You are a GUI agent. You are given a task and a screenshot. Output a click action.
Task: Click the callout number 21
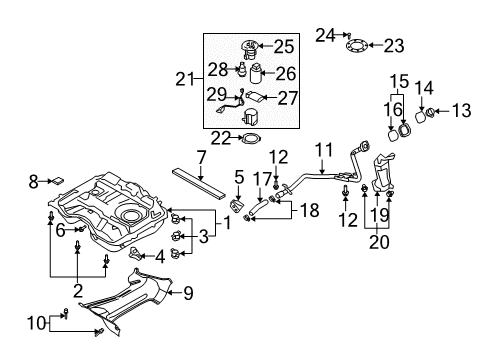(185, 79)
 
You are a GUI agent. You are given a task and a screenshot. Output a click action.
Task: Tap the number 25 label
(284, 47)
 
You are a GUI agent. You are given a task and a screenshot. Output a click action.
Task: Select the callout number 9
(188, 293)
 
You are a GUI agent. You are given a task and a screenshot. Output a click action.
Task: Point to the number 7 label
(201, 157)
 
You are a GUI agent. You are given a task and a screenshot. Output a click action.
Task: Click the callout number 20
(379, 242)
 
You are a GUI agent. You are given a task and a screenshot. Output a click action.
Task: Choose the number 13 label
(461, 110)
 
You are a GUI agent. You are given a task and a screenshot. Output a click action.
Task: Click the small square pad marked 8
(57, 181)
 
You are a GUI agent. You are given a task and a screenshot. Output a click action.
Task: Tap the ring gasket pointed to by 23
(357, 46)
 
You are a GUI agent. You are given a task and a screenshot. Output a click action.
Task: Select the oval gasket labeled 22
(251, 138)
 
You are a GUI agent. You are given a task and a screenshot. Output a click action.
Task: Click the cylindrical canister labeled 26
(256, 73)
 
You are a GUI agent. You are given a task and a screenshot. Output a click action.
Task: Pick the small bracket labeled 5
(236, 205)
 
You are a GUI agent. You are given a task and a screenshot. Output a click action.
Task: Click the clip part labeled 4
(134, 254)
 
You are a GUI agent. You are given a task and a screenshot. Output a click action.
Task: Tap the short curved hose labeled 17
(258, 206)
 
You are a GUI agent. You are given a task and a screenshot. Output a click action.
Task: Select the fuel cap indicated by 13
(430, 112)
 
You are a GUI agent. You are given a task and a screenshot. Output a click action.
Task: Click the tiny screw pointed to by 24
(349, 34)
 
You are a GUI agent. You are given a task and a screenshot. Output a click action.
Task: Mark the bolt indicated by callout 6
(82, 229)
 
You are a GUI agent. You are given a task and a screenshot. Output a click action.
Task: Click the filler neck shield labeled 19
(383, 173)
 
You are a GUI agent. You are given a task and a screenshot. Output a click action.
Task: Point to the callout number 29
(216, 94)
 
